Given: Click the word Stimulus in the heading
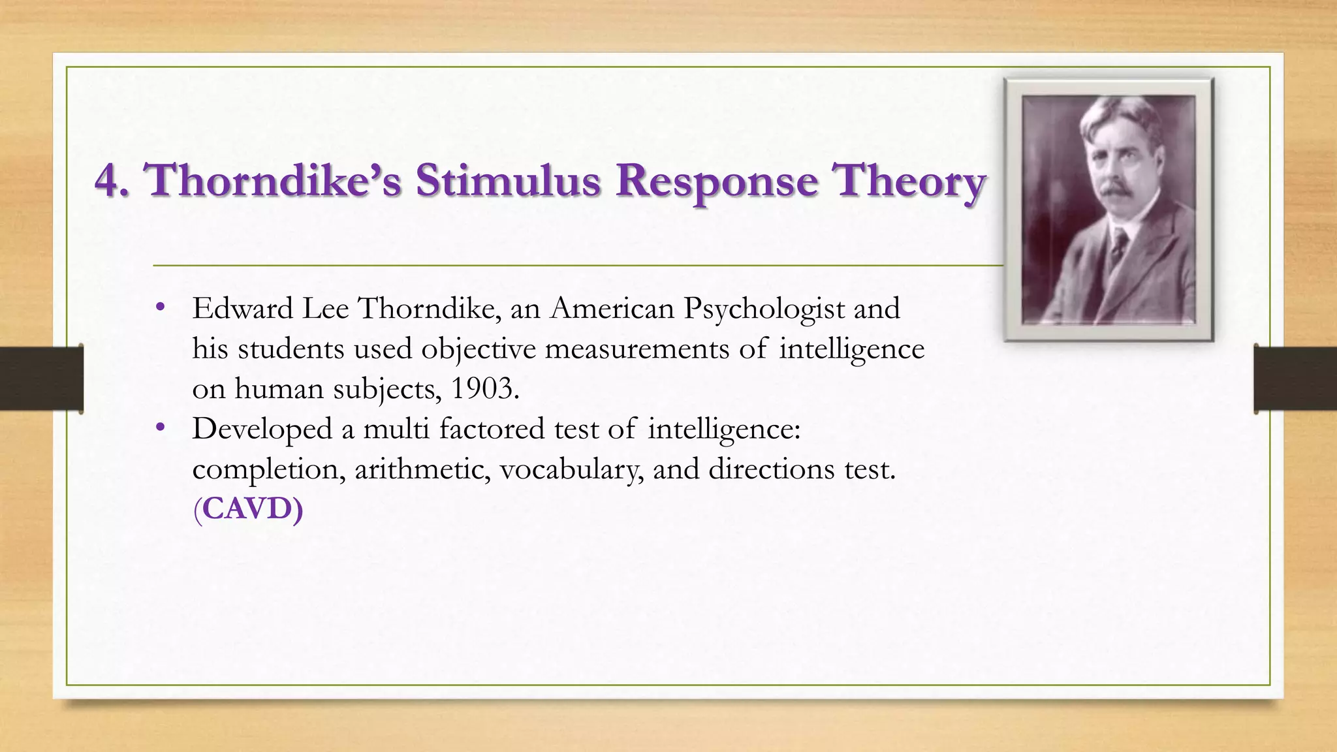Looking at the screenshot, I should [x=508, y=180].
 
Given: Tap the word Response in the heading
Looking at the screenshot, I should [x=716, y=181].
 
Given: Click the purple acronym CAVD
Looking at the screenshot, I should [x=248, y=509].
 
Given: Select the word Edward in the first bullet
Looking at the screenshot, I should [x=242, y=309].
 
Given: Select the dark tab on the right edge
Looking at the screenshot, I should [x=1295, y=379].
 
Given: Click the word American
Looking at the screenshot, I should [x=612, y=309].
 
